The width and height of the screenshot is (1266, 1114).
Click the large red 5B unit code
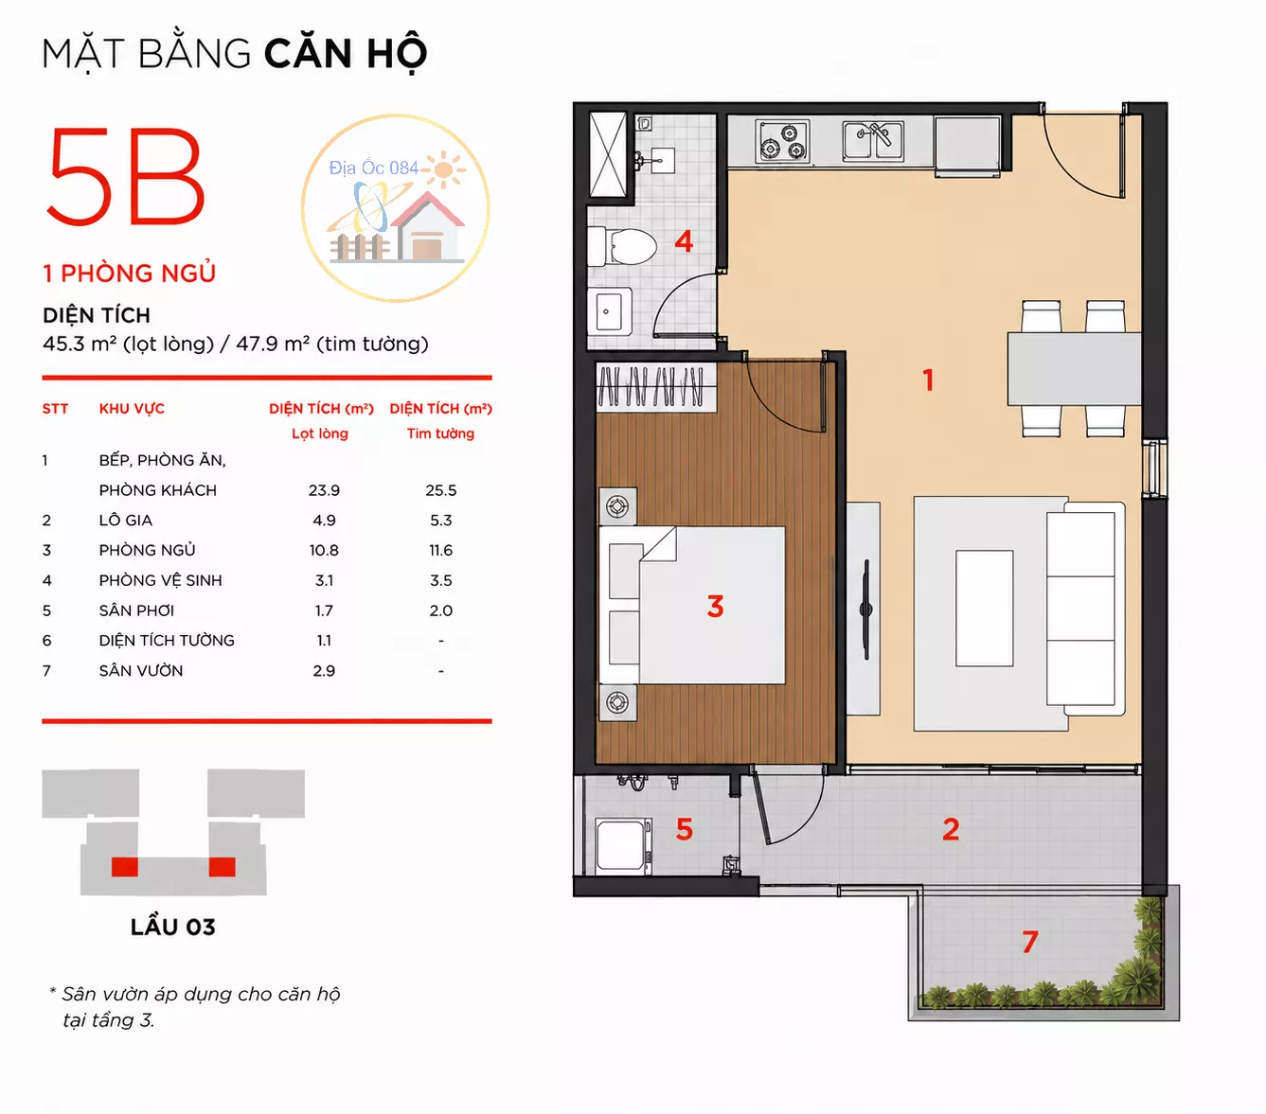point(125,177)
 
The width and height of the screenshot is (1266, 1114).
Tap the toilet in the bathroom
point(622,246)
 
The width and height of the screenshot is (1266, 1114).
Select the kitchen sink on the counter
point(872,141)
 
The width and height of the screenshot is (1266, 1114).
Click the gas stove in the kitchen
point(782,141)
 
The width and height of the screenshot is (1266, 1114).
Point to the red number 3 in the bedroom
point(715,606)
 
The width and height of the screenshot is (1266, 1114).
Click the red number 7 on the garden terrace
point(1030,941)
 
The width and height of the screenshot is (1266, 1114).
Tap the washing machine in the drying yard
point(623,846)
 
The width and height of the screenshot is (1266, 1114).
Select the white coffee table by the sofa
point(984,608)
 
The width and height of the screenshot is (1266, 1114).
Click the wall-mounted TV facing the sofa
point(866,610)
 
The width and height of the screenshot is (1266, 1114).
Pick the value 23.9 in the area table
point(324,490)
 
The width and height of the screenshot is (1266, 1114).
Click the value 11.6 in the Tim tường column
point(440,551)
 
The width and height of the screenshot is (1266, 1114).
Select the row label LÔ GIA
point(126,521)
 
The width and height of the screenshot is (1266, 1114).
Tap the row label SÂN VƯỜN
point(141,671)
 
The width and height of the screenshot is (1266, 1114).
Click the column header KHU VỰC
point(132,409)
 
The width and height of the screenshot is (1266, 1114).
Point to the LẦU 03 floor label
point(173,928)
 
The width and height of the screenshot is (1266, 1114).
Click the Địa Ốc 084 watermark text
point(374,168)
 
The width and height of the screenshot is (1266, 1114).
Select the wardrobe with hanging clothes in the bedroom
point(655,387)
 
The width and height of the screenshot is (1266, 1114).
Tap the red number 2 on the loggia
point(951,829)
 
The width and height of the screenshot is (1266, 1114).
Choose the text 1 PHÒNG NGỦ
point(130,274)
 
